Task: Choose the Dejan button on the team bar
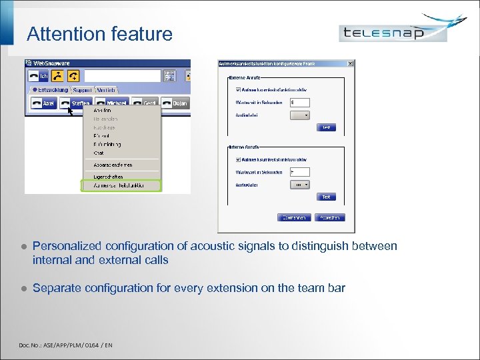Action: pyautogui.click(x=174, y=103)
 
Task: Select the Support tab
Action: pyautogui.click(x=83, y=89)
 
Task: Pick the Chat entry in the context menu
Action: pyautogui.click(x=98, y=153)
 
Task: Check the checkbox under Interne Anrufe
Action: pyautogui.click(x=237, y=159)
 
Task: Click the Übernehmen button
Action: pyautogui.click(x=294, y=217)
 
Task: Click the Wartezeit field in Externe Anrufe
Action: pyautogui.click(x=300, y=102)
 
